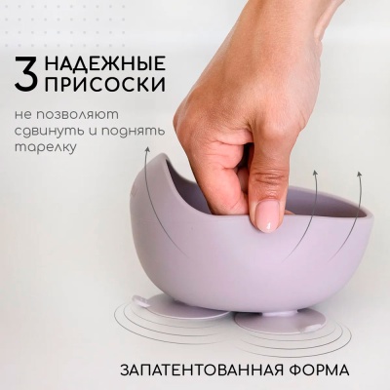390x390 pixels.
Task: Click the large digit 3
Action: [x=29, y=74]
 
